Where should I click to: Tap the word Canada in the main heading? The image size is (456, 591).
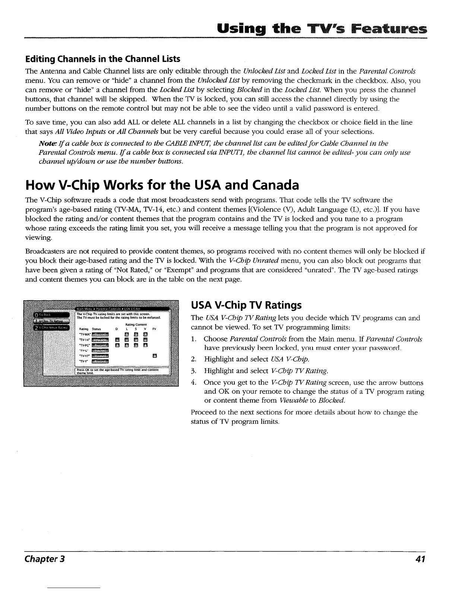267,185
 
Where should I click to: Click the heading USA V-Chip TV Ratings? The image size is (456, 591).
246,305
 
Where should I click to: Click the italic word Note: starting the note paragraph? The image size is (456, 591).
47,144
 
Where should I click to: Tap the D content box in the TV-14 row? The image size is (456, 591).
117,340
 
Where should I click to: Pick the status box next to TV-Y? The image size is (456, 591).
100,361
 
